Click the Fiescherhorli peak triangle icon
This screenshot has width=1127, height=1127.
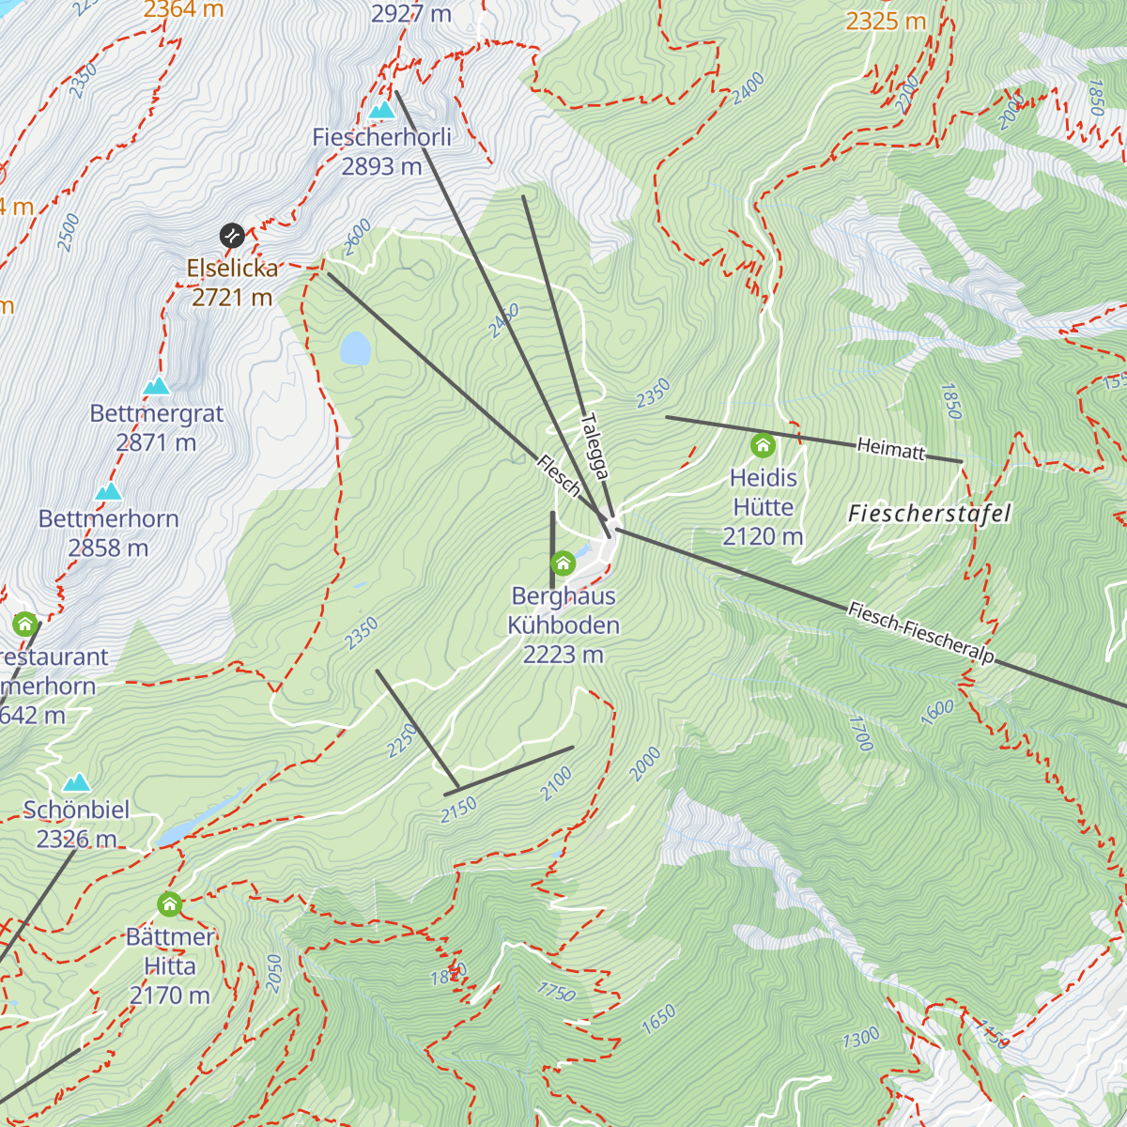coord(381,111)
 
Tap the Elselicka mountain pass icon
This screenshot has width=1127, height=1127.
coord(232,234)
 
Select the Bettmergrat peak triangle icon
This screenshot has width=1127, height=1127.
coord(157,386)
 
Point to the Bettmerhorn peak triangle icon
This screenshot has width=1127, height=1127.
coord(109,492)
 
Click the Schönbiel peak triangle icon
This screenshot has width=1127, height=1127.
coord(76,783)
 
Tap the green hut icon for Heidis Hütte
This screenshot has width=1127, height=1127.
coord(763,445)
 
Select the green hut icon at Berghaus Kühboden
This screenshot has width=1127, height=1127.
coord(563,563)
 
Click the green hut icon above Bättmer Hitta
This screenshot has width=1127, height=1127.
coord(169,904)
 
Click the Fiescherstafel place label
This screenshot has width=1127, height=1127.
coord(929,514)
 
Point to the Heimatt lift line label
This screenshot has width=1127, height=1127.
coord(890,449)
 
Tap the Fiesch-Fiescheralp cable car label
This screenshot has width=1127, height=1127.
coord(920,634)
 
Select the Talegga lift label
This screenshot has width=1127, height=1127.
coord(595,447)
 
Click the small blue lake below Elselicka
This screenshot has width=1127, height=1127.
coord(356,347)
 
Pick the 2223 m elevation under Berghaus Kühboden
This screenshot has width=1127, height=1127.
coord(563,655)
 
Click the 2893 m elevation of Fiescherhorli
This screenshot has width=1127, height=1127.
coord(381,166)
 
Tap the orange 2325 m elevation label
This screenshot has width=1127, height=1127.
coord(886,20)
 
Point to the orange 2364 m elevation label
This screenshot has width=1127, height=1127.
coord(183,9)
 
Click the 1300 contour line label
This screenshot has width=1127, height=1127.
coord(860,1037)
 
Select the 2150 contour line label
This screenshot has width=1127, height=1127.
coord(459,809)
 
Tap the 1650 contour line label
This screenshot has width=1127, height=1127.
coord(658,1020)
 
